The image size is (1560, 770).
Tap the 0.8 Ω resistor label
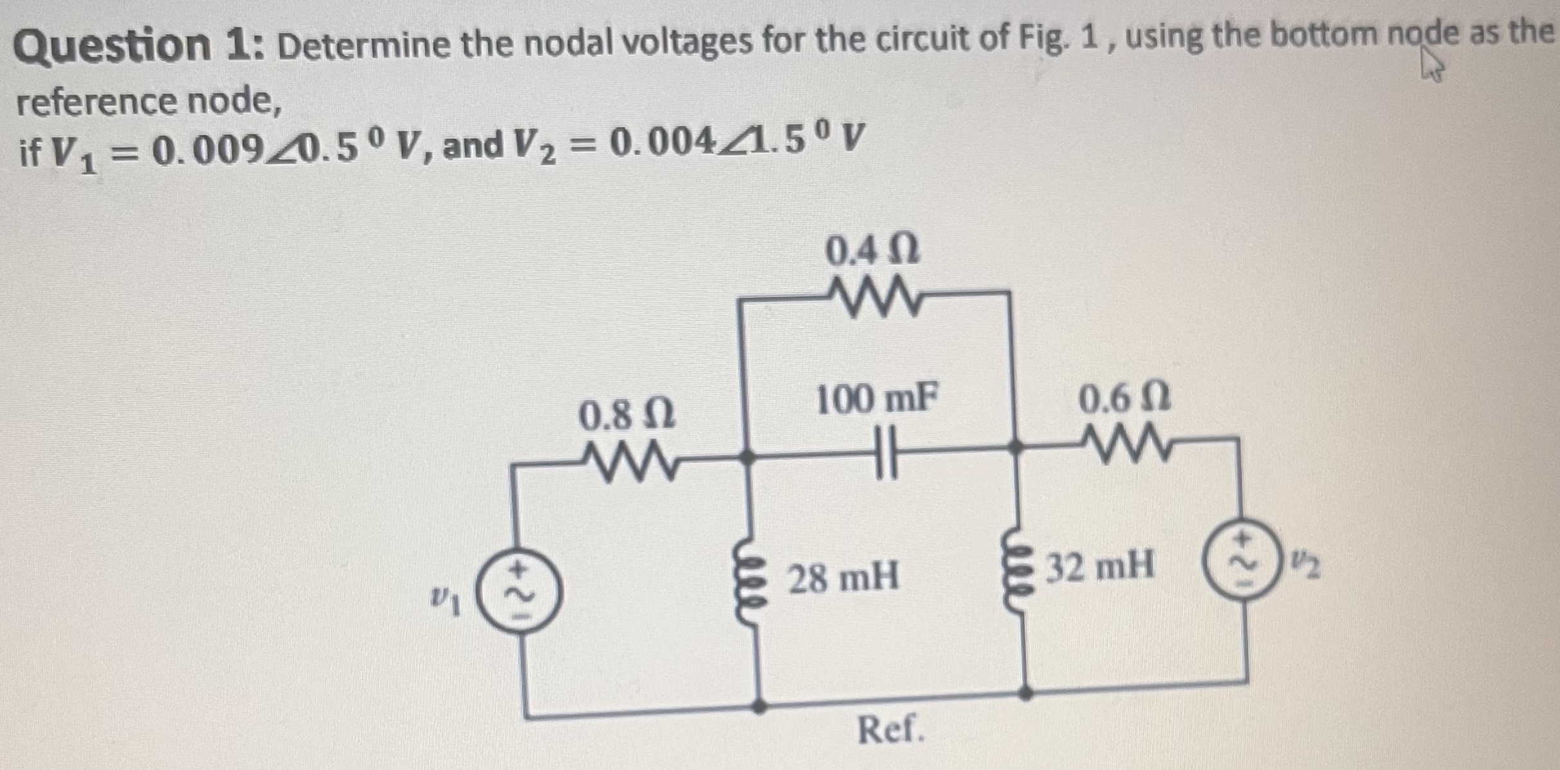627,416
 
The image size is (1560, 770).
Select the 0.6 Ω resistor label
1124,400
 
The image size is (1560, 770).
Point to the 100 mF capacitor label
876,399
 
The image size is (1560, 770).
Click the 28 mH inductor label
843,577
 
